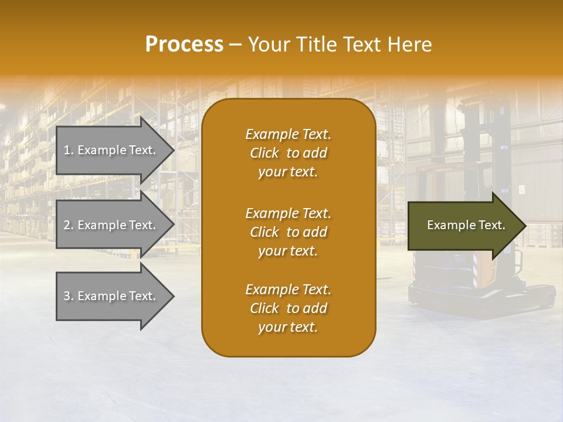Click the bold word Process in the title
[184, 45]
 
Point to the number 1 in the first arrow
[66, 151]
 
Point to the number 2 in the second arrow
[66, 225]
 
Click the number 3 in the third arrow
[66, 297]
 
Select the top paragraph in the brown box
[288, 153]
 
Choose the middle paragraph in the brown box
[288, 232]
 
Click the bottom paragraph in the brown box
[288, 308]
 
